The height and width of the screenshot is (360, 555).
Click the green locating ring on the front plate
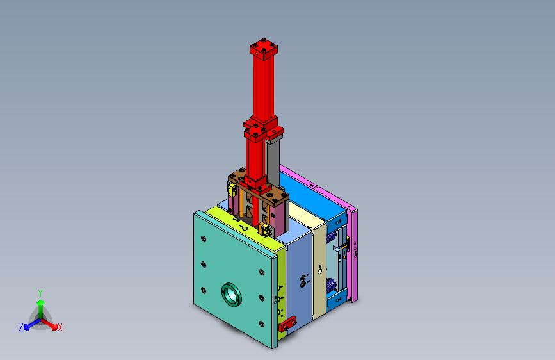232,295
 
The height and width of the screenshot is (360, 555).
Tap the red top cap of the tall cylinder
264,48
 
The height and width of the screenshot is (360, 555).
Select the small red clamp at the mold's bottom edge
287,324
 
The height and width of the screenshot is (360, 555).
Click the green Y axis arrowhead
40,302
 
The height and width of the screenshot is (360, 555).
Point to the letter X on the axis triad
60,327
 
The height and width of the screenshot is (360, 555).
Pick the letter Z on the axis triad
21,327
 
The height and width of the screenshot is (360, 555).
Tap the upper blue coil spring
332,236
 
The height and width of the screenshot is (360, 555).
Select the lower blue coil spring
331,286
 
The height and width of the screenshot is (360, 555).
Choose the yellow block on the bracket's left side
232,190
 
